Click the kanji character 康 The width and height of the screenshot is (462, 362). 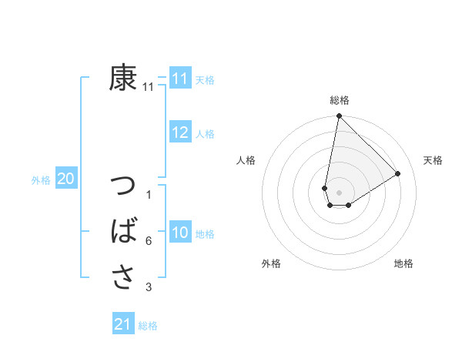pos(123,78)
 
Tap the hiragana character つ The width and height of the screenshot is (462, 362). pos(123,187)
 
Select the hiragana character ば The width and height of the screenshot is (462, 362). pos(123,231)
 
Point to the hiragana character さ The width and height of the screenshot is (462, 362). pos(123,276)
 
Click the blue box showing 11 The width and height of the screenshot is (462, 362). pos(180,79)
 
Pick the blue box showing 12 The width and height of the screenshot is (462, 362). pos(180,132)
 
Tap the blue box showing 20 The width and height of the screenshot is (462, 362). pos(65,179)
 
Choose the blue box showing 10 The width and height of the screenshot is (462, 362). pos(180,233)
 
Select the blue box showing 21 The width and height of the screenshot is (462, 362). pos(123,324)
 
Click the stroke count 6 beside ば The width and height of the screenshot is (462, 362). pos(149,241)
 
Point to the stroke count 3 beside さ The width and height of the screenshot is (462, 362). pos(149,287)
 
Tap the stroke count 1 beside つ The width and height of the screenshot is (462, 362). pos(149,195)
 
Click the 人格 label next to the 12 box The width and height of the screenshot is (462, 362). pos(205,134)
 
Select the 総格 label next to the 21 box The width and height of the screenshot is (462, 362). pos(148,326)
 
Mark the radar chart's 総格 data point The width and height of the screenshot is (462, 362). pos(339,116)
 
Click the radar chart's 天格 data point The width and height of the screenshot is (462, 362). pos(398,173)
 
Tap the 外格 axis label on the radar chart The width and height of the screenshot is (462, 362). pos(271,263)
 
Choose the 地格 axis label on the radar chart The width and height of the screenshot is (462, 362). pos(403,263)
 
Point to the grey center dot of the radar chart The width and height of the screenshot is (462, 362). pos(339,193)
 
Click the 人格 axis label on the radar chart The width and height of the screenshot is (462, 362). pos(246,160)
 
